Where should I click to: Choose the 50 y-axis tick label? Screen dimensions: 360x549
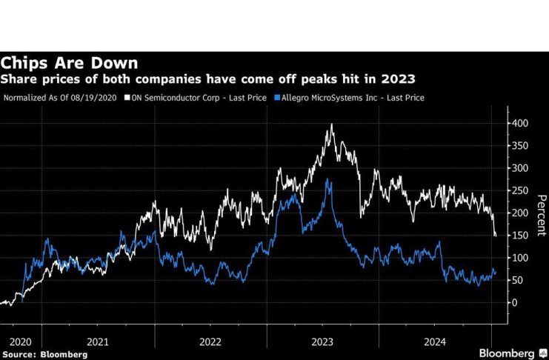518,280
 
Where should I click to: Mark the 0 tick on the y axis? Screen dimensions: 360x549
515,302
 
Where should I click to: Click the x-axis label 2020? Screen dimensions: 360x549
20,341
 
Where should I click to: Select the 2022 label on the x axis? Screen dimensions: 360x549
210,341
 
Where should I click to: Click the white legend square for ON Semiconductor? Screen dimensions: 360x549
127,97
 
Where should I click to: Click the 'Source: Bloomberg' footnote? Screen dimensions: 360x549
44,354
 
